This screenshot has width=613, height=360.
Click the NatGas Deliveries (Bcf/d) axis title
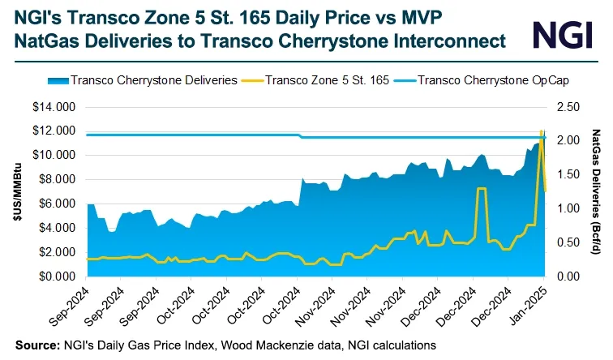(x=596, y=191)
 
